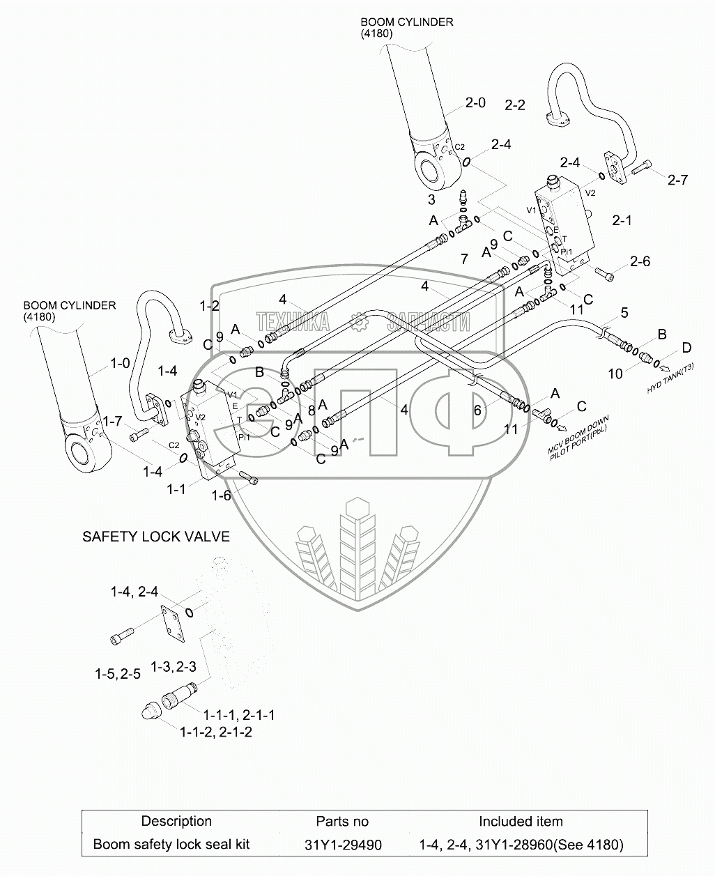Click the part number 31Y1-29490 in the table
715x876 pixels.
tap(343, 845)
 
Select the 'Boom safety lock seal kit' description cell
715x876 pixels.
tap(171, 844)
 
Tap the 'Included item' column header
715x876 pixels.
tap(521, 821)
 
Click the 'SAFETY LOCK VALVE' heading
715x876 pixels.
tap(156, 536)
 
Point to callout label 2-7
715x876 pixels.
tap(677, 180)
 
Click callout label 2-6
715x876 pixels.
tap(640, 261)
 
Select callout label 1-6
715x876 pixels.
tap(222, 495)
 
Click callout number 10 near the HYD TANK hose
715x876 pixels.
tap(615, 374)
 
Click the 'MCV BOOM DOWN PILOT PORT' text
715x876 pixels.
tap(579, 438)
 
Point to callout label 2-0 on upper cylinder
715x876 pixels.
tap(475, 103)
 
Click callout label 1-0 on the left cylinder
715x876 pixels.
tap(120, 363)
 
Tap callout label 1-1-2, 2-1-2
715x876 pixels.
tap(215, 732)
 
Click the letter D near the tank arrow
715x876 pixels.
tap(686, 347)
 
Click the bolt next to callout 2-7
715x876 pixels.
tap(642, 167)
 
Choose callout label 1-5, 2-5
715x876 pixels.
tap(118, 673)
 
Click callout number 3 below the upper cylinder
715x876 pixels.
tap(431, 199)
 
